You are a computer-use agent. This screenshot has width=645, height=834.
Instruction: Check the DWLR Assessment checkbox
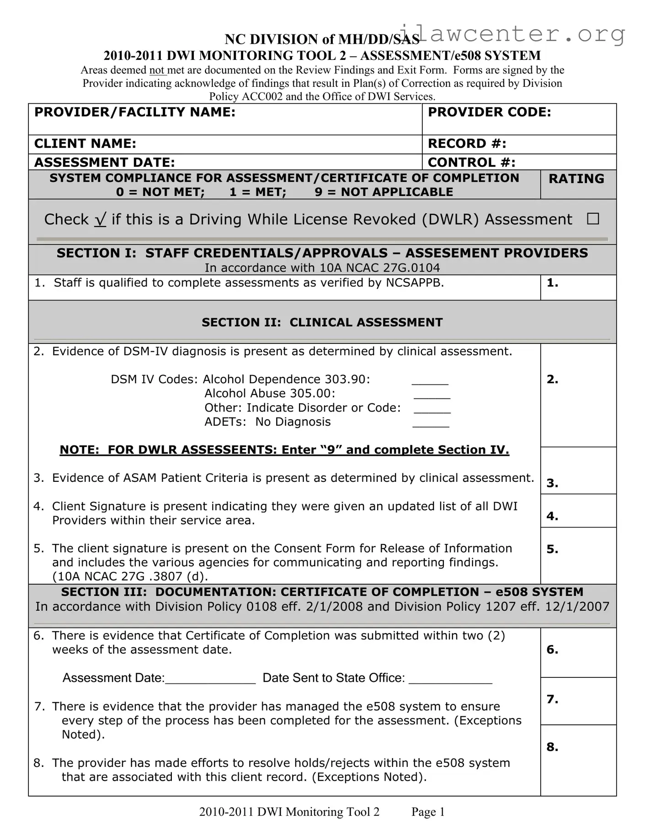593,219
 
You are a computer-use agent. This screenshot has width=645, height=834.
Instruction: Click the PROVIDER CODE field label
489,112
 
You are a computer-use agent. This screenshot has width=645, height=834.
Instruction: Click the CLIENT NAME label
85,144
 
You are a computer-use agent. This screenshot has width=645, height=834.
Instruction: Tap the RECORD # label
467,144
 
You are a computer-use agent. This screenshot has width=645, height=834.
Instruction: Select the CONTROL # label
471,163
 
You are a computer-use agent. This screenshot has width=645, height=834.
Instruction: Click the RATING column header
576,179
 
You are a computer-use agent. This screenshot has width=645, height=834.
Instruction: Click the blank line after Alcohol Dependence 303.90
430,381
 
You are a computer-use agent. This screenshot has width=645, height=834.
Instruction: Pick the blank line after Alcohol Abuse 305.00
432,396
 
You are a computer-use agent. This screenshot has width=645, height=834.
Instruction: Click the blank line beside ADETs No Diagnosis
431,424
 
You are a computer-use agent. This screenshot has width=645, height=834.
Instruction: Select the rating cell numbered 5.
578,555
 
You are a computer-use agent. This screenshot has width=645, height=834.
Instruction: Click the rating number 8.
552,747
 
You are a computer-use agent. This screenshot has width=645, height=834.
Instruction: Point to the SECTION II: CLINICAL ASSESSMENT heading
322,322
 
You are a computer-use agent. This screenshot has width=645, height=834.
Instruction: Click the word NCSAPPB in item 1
414,283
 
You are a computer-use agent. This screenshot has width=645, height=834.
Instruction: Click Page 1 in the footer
428,812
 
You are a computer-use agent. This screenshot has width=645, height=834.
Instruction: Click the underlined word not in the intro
157,70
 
